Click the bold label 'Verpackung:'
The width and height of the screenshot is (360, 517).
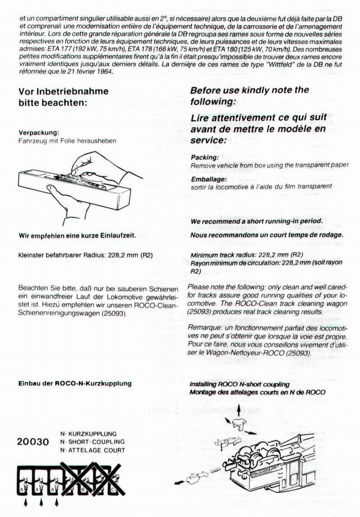(39, 133)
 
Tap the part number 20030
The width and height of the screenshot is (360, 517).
(32, 442)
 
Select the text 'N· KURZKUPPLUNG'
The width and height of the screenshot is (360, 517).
(88, 434)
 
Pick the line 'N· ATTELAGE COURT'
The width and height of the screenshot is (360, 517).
(92, 450)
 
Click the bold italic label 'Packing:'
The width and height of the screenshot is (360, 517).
(205, 157)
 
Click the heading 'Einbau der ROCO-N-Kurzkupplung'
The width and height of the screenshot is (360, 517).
(75, 383)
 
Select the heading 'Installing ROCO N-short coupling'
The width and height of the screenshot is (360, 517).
(239, 385)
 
